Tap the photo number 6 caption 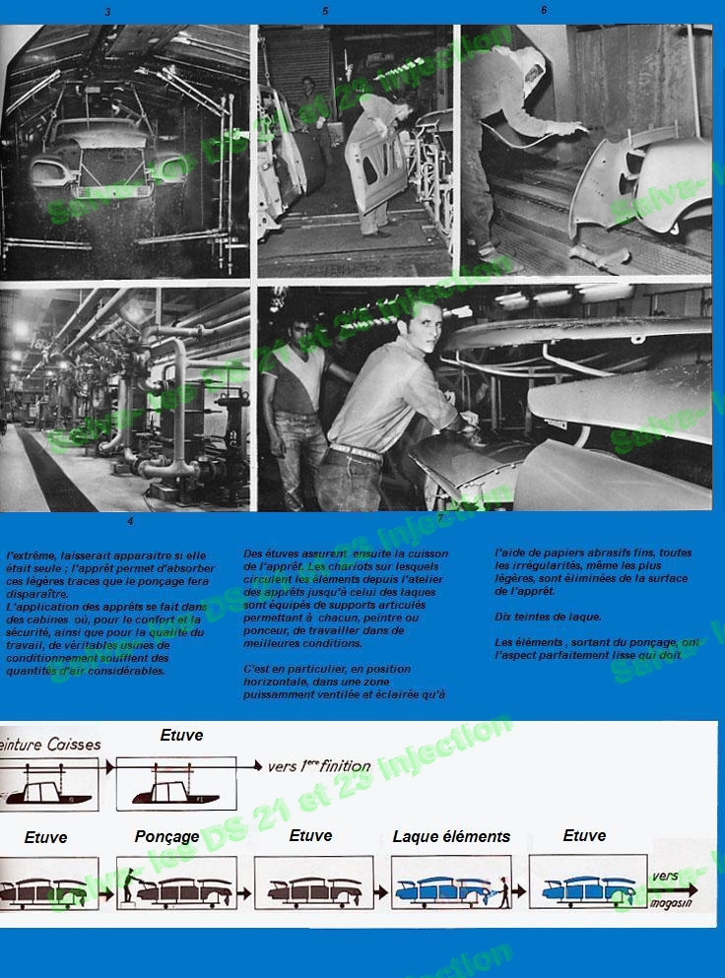[x=543, y=10]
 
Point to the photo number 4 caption [x=129, y=521]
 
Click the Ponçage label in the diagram [x=166, y=836]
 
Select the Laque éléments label [x=451, y=836]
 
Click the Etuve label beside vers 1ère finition [x=181, y=735]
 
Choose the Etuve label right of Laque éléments [x=584, y=835]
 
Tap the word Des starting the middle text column [x=252, y=554]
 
